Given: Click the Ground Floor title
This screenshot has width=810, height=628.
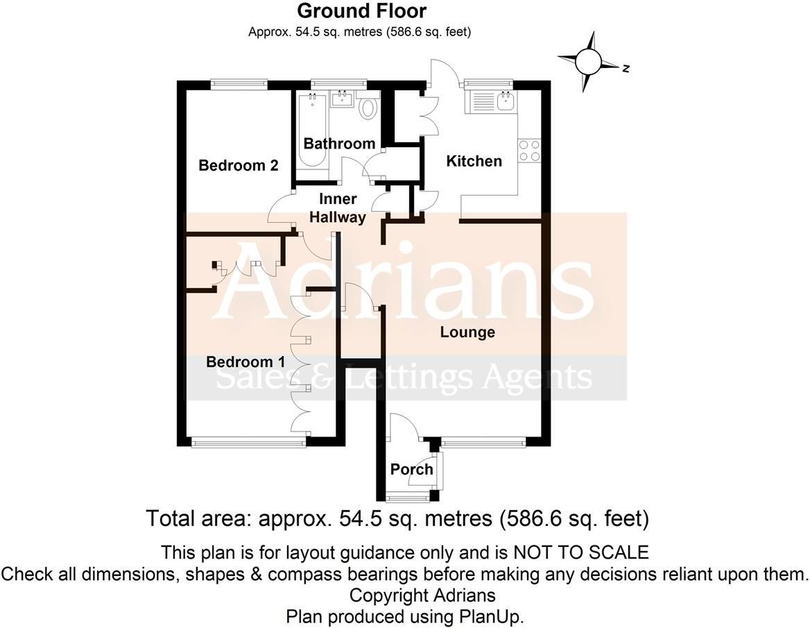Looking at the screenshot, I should tap(361, 11).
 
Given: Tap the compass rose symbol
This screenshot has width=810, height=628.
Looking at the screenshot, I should tap(590, 62).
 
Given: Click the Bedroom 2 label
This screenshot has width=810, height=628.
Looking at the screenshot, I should tap(238, 166).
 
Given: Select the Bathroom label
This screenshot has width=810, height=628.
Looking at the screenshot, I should tap(339, 144).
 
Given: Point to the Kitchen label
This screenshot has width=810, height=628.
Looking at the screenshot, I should tap(474, 162).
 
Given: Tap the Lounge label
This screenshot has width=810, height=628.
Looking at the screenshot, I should tap(467, 332).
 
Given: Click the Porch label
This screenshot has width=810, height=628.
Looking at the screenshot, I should tap(411, 470).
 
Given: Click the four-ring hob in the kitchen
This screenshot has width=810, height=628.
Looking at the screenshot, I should tap(530, 151).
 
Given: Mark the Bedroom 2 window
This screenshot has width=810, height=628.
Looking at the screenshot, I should tap(239, 84).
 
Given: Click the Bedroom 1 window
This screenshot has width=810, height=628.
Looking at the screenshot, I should tap(248, 441).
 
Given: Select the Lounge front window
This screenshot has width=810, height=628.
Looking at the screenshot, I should tap(483, 440).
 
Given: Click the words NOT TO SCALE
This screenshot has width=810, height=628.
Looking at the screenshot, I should tap(580, 553).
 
